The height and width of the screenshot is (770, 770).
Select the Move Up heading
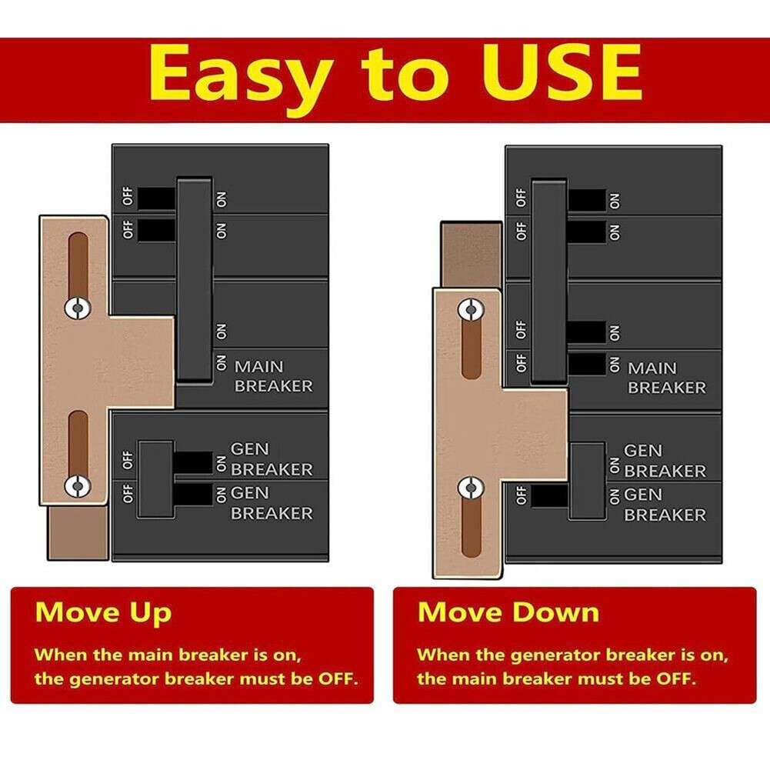tap(103, 612)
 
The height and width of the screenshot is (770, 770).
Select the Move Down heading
tap(508, 612)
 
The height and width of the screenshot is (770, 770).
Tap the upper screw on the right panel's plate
tap(470, 310)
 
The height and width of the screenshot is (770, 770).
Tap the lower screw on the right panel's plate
tap(470, 488)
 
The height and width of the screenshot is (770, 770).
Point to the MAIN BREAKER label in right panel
tap(666, 378)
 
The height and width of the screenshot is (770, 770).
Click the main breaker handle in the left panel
tap(194, 278)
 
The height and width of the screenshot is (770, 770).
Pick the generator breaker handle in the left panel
tap(156, 478)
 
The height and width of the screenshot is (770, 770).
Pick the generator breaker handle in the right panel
tap(588, 481)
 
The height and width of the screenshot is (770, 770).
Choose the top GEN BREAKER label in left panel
tap(272, 458)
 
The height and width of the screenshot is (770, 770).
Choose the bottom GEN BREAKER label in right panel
tap(665, 504)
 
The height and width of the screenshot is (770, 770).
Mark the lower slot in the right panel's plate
tap(471, 531)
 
